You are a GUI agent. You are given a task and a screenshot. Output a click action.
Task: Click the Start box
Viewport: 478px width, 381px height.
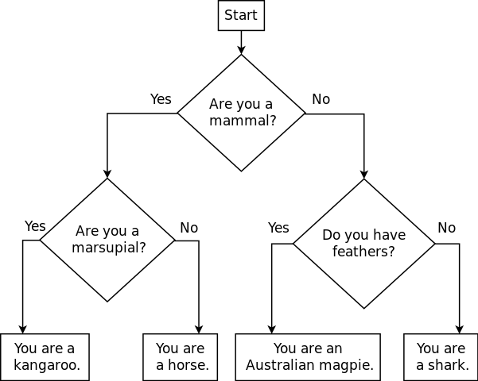pos(241,16)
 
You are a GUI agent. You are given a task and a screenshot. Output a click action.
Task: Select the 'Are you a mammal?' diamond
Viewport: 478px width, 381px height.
pos(241,113)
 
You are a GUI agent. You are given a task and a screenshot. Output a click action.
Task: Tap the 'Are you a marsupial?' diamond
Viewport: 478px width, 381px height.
pos(107,239)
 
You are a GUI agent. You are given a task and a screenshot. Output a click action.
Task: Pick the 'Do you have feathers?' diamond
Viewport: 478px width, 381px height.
pos(364,244)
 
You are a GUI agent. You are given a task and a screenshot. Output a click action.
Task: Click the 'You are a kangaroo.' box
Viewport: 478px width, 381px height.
pos(45,357)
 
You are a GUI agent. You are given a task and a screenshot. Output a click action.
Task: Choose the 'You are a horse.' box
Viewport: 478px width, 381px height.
pos(181,357)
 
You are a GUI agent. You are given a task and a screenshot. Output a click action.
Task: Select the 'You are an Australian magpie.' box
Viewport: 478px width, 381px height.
pos(308,357)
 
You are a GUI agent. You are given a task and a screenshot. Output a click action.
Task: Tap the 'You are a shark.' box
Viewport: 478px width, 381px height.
pos(441,357)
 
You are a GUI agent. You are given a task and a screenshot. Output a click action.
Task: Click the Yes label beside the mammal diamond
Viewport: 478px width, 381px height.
pos(161,99)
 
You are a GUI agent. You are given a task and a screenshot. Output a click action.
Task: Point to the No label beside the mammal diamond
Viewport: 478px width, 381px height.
pos(321,99)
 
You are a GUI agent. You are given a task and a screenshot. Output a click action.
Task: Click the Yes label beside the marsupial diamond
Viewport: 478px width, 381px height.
pos(35,226)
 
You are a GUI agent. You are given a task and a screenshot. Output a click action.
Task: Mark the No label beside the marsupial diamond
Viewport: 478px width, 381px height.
pos(188,228)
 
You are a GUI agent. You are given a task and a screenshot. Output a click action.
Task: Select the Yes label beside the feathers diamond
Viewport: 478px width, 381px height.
pos(278,228)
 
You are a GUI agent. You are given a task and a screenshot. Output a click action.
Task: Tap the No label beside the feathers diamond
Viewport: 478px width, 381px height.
pos(446,228)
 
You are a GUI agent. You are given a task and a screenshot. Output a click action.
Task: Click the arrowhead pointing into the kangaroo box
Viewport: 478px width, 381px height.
pos(22,329)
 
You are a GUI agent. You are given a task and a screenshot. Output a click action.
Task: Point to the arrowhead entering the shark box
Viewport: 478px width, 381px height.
pos(459,329)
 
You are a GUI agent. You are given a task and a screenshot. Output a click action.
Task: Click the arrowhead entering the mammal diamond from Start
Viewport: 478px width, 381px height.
pos(241,50)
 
